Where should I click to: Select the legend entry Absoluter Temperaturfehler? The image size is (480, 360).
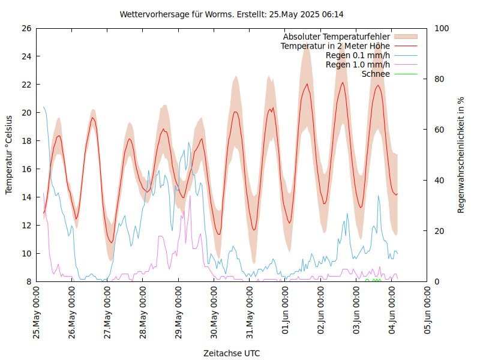337,37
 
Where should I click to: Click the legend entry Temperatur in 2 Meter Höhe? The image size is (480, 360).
335,46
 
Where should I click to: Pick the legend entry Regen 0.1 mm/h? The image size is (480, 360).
358,55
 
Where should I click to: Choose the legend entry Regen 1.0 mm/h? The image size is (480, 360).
358,64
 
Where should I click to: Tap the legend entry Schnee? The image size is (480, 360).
376,74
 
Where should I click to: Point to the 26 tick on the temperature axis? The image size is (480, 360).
26,28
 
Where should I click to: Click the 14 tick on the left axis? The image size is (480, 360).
26,197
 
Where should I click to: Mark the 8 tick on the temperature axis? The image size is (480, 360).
28,281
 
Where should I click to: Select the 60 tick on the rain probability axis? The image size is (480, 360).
439,130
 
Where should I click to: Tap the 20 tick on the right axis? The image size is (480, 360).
439,231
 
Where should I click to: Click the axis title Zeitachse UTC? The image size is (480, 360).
232,353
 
